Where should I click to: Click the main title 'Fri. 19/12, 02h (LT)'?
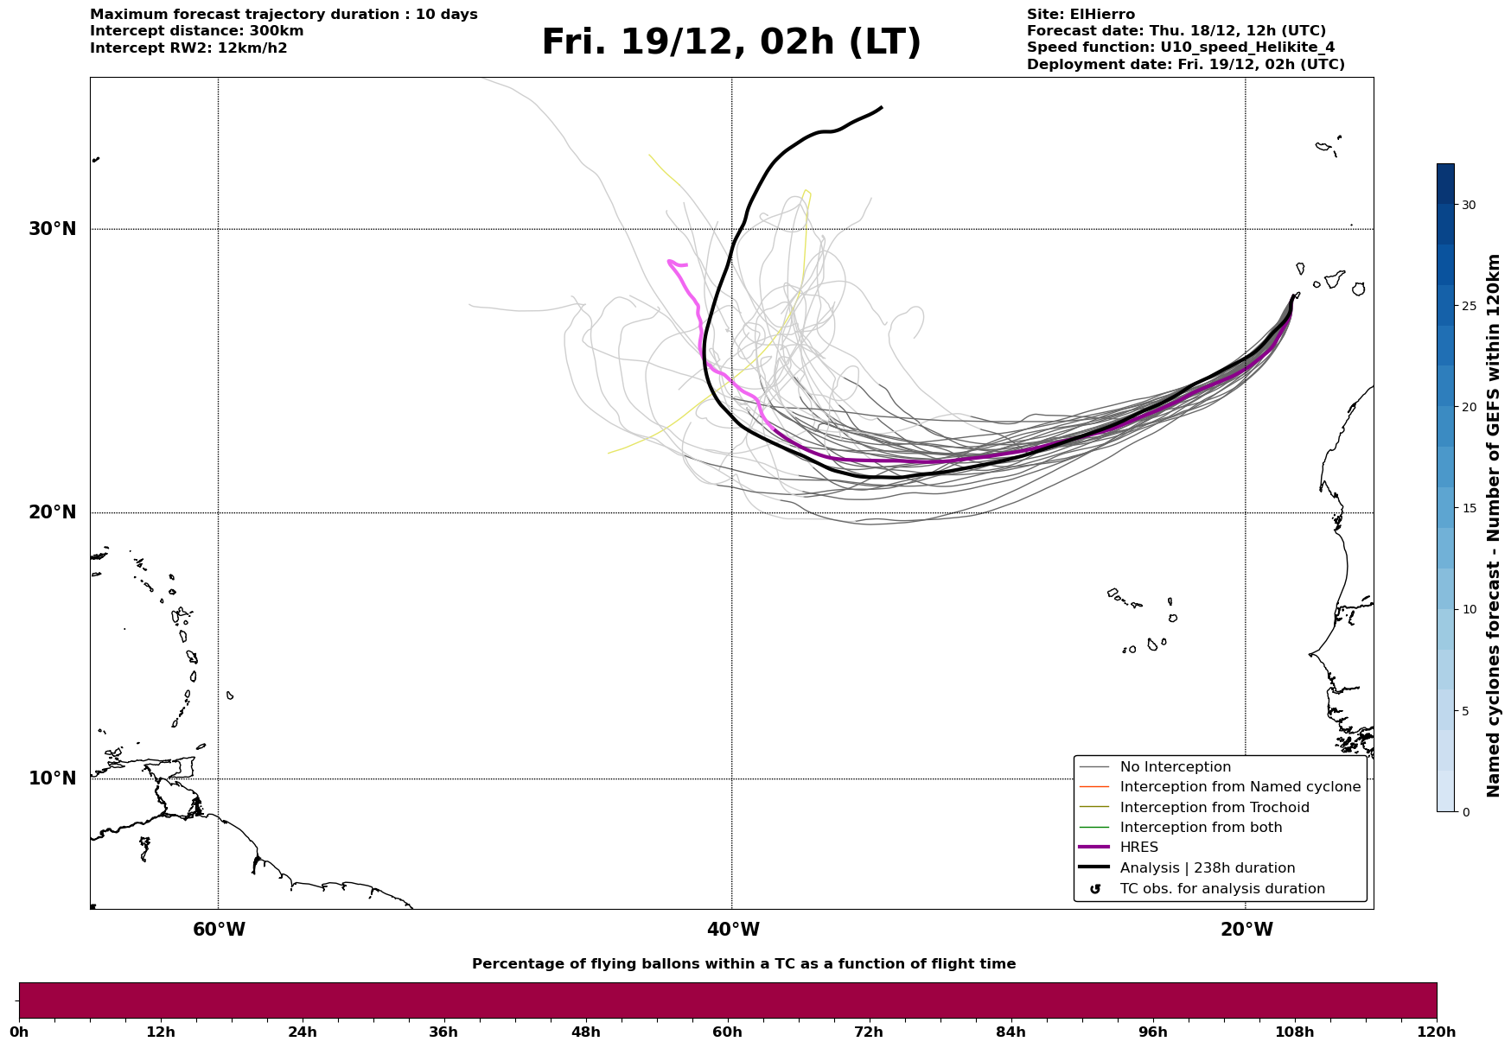731,42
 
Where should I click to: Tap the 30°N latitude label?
52,229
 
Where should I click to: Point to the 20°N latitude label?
52,512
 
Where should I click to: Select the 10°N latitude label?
52,778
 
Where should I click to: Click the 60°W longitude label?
219,930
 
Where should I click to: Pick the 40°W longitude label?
732,930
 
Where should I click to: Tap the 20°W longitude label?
1246,930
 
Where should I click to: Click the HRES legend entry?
1138,848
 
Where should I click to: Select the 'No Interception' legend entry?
1175,767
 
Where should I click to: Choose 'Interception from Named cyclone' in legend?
1240,787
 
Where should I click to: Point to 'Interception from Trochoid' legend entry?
1214,808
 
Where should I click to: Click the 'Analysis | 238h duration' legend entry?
1207,868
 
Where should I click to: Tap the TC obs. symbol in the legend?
1095,889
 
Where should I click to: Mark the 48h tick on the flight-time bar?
585,1032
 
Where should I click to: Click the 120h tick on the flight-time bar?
1437,1032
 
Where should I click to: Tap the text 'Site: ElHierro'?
1081,15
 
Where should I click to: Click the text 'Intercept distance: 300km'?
196,31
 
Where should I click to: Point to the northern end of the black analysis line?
881,108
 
